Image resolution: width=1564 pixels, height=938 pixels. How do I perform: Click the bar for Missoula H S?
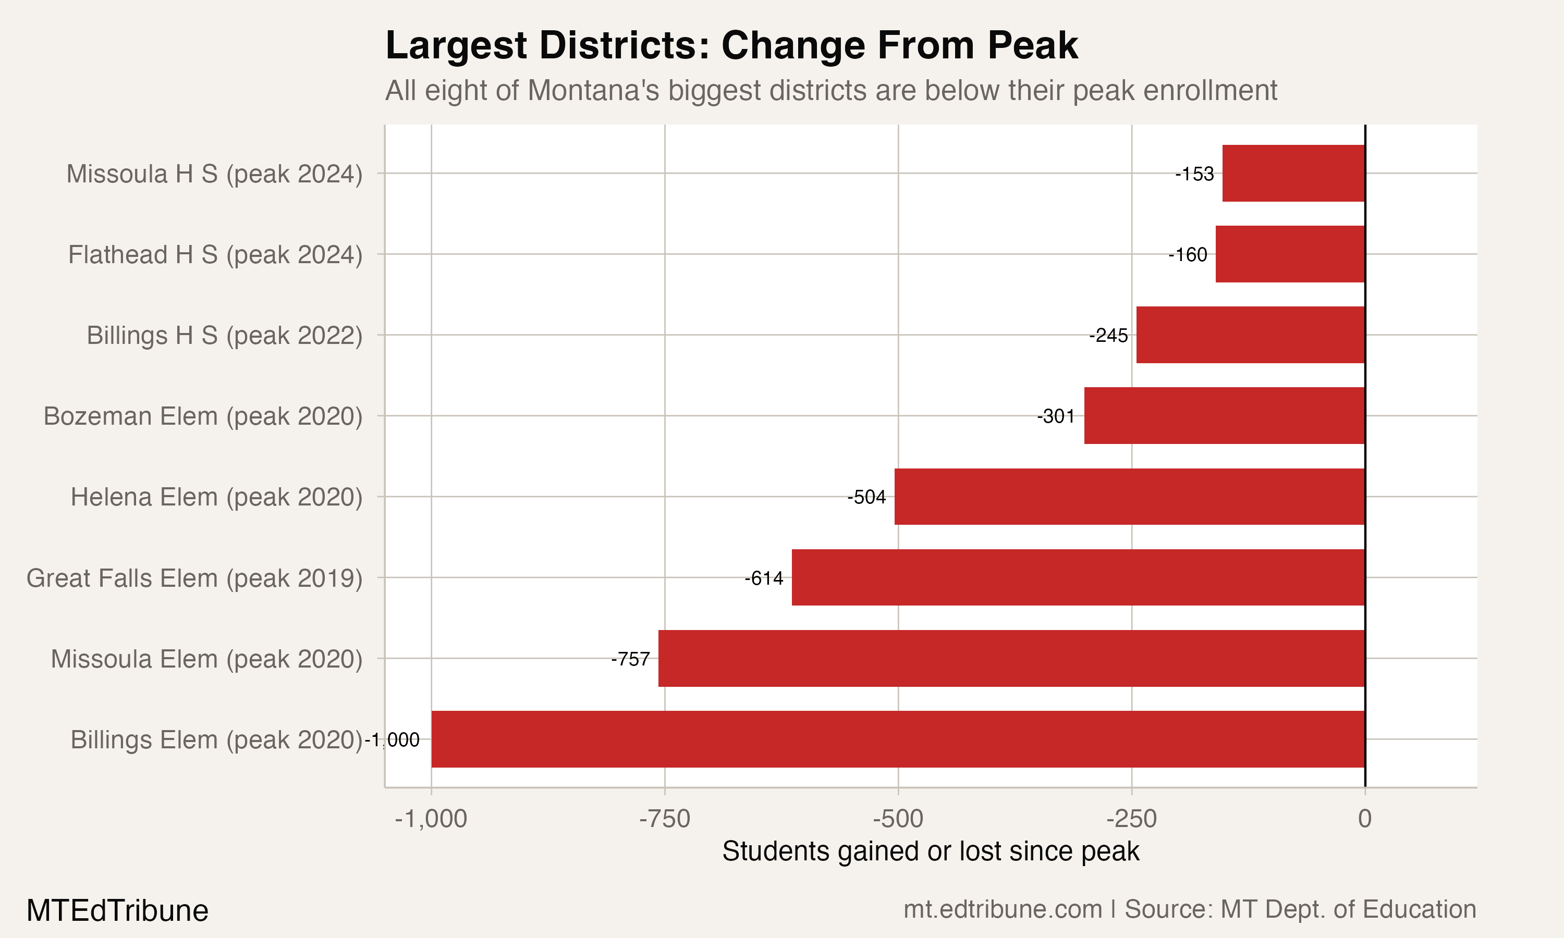[1293, 173]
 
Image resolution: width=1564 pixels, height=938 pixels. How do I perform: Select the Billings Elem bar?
[898, 739]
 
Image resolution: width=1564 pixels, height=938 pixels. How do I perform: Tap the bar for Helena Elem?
[1130, 496]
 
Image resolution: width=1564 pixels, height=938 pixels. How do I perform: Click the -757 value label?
[630, 659]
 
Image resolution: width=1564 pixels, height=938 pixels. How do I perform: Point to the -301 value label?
[1056, 416]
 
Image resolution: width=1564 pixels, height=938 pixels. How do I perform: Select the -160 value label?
[1188, 255]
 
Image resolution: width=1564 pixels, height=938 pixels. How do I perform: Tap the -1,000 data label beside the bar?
[393, 740]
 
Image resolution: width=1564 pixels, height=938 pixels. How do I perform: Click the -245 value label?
[1108, 336]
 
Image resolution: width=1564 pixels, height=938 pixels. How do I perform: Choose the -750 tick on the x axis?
[664, 819]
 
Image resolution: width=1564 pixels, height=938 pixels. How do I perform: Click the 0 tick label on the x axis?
[1365, 819]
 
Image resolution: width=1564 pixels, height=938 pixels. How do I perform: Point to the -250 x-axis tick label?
[1131, 819]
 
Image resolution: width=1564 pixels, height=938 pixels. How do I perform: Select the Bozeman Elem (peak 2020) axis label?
[203, 416]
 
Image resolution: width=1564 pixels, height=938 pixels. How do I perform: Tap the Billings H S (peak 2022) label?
[224, 336]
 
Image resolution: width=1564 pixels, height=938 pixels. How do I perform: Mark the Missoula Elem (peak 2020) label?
[207, 659]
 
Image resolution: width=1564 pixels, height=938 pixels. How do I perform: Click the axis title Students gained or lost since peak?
[931, 851]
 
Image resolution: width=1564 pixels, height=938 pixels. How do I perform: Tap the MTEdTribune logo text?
[118, 911]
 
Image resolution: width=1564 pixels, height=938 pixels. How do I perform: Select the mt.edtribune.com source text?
[1003, 909]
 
